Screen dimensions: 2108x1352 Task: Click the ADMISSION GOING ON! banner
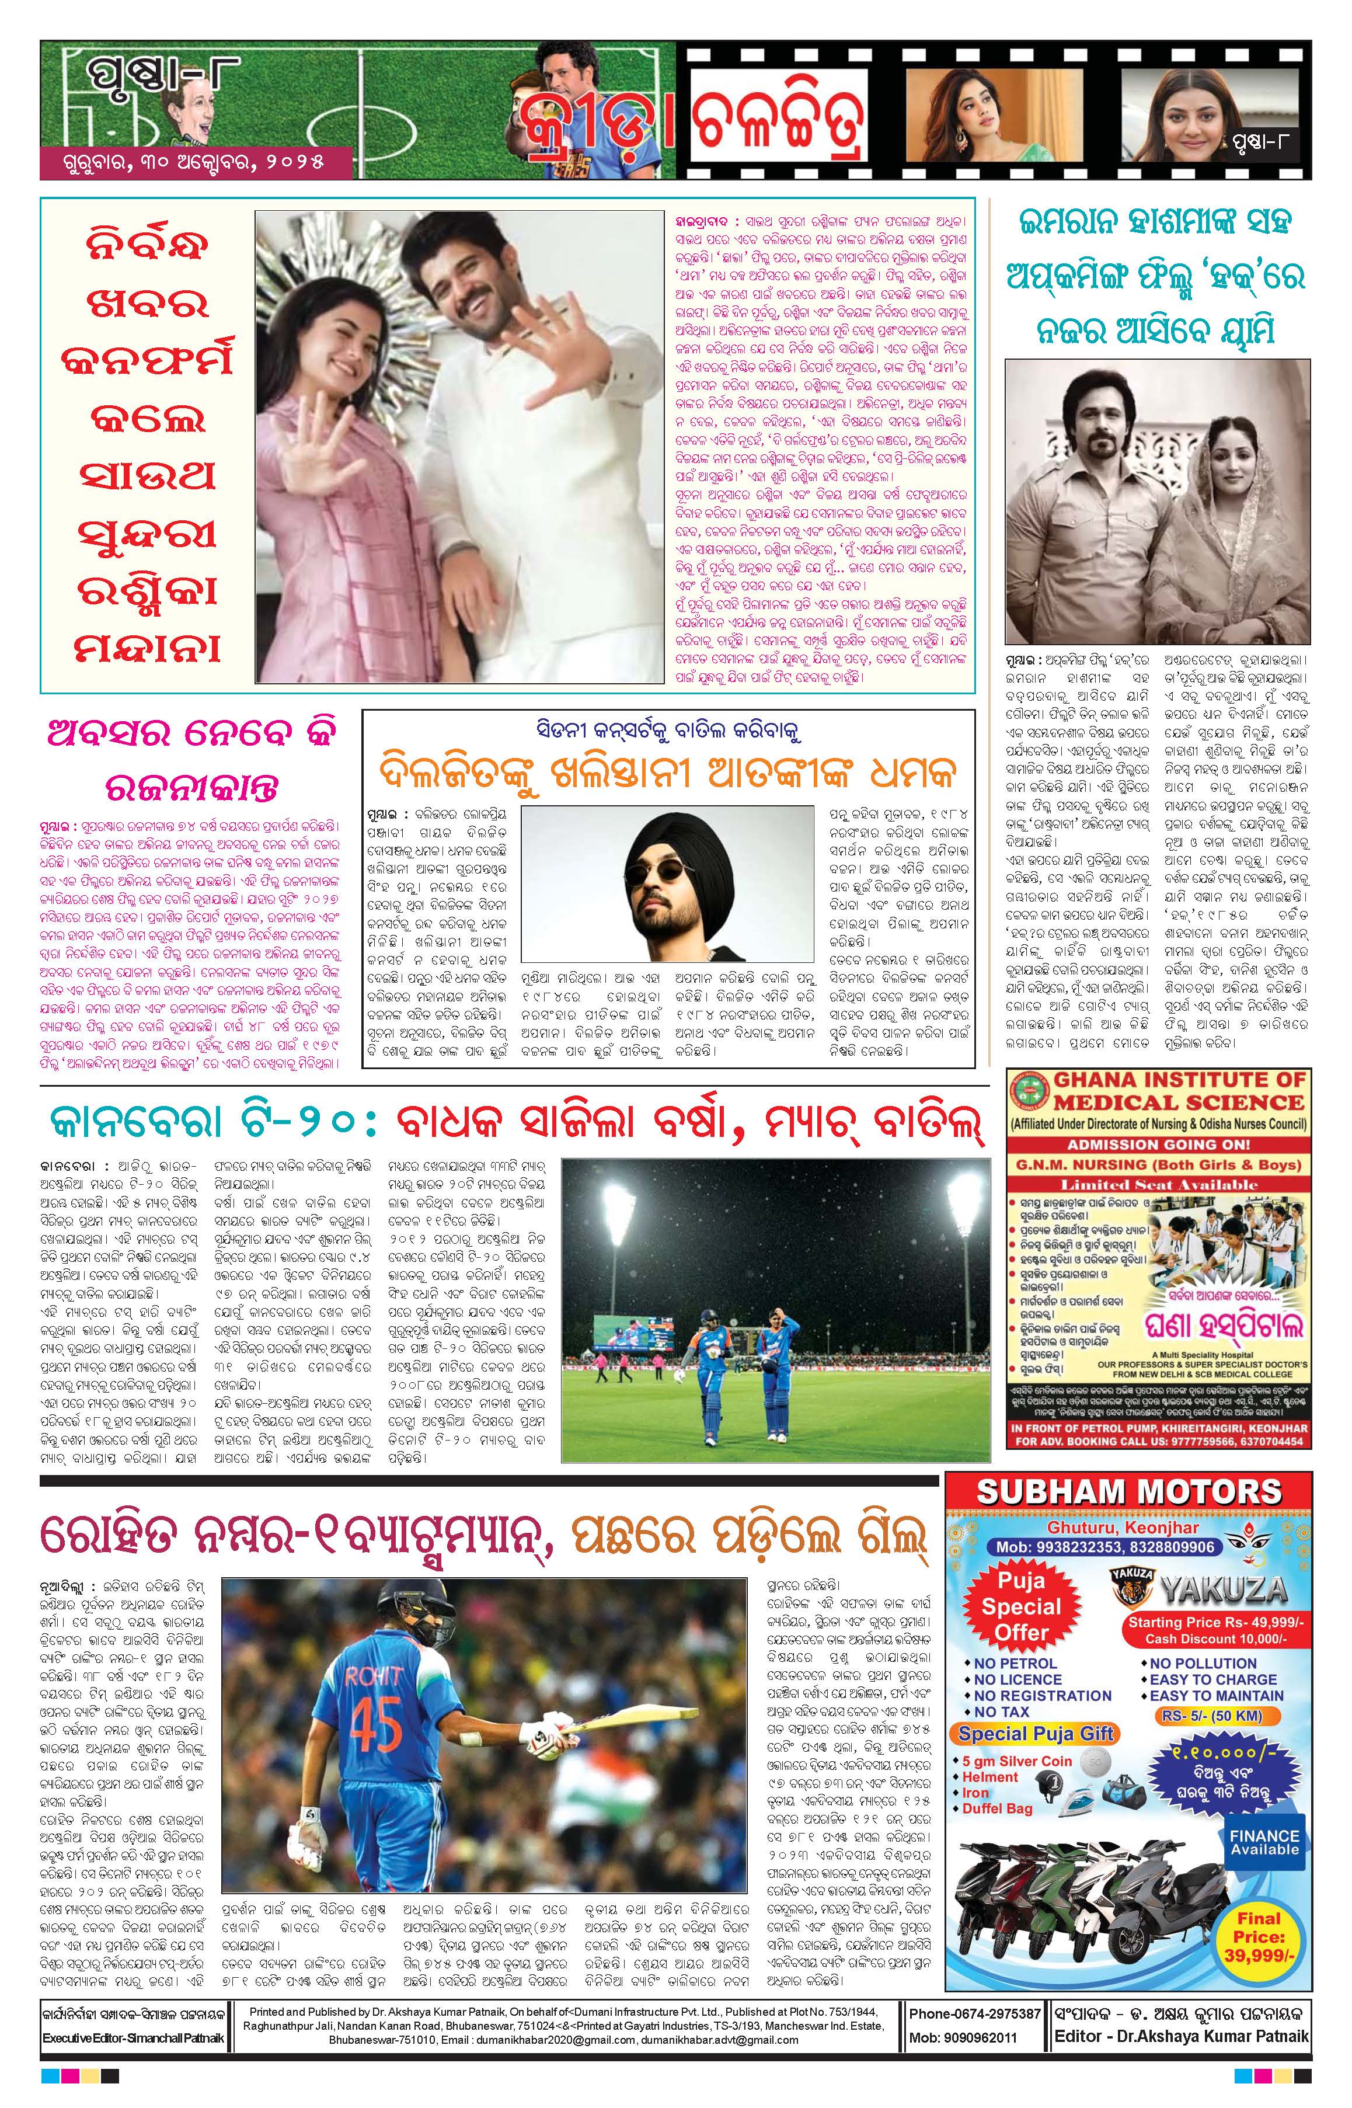(1158, 1145)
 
